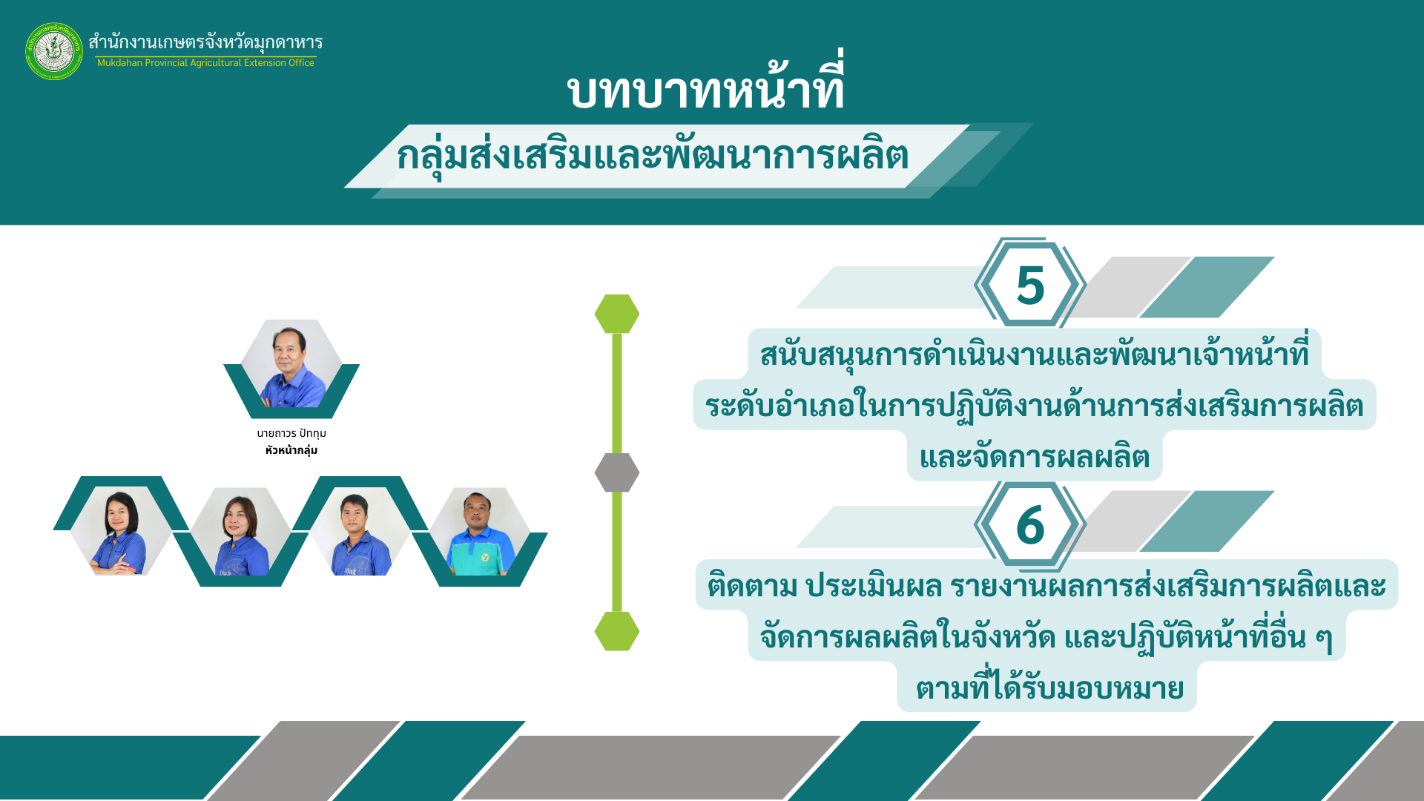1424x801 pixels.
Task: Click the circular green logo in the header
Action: [x=54, y=51]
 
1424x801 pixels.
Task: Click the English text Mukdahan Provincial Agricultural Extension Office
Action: [x=205, y=63]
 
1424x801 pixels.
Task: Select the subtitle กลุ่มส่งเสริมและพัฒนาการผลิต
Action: [x=653, y=156]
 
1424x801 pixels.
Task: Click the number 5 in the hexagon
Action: [x=1030, y=286]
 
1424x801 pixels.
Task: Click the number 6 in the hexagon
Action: [x=1030, y=525]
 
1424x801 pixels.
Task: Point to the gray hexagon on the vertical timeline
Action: [x=617, y=472]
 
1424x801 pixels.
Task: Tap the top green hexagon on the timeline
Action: [x=617, y=314]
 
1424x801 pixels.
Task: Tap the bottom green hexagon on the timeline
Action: [x=617, y=631]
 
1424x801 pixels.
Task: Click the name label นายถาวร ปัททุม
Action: [x=291, y=433]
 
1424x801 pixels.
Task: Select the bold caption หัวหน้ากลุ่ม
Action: [x=291, y=450]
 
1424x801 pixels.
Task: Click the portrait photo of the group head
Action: [x=291, y=364]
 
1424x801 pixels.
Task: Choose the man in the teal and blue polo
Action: [x=480, y=532]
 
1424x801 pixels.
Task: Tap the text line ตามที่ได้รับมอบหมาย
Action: [x=1049, y=688]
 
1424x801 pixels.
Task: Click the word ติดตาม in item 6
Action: [x=752, y=586]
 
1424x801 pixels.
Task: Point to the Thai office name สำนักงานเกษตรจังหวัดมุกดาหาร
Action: [x=205, y=42]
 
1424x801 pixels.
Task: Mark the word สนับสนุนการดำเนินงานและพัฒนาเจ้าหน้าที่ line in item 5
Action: [x=1035, y=355]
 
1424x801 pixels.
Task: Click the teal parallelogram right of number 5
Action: [x=1207, y=287]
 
